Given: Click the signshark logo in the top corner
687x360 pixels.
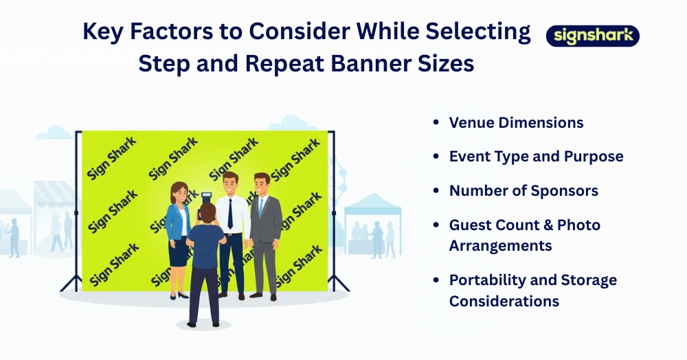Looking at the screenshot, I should click(x=592, y=36).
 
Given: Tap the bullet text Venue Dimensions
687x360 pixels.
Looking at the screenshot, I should click(x=516, y=123).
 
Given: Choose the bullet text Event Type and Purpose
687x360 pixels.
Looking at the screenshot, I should click(x=536, y=157).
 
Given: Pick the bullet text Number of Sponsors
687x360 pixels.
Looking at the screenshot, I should click(x=523, y=191).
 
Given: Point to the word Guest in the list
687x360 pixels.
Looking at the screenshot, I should click(x=471, y=225).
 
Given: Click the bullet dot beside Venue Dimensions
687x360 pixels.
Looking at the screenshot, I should click(x=436, y=123).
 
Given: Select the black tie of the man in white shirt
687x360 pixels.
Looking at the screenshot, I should click(x=230, y=213).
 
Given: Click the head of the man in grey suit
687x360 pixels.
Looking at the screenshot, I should click(x=261, y=183).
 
